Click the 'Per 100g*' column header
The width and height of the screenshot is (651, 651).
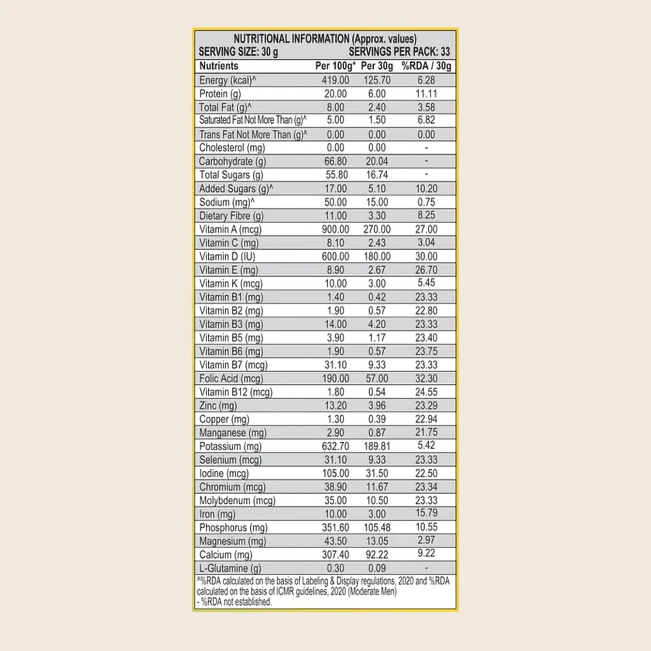point(335,66)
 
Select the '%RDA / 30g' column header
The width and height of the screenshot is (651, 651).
point(426,66)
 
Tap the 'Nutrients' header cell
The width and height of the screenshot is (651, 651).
point(219,66)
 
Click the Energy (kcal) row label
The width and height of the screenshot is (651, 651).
point(227,80)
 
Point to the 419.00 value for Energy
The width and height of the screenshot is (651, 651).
point(335,80)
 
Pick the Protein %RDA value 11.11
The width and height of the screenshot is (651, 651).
point(426,94)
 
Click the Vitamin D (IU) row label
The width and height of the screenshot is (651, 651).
point(227,257)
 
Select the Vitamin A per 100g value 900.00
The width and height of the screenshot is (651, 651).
point(335,229)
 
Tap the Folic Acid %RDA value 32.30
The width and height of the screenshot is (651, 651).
point(426,379)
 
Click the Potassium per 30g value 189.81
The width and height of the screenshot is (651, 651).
point(377,446)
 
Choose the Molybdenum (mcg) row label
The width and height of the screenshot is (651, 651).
point(237,501)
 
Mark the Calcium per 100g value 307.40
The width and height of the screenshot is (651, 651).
point(335,555)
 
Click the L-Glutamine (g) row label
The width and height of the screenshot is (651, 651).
point(230,569)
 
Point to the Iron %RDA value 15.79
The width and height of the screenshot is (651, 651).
point(426,513)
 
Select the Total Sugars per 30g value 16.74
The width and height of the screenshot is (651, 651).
point(377,175)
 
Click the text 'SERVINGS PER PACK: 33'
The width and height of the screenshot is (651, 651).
point(399,52)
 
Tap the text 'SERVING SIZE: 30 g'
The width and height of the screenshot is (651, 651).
point(238,52)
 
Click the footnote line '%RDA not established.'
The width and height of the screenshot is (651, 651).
point(236,602)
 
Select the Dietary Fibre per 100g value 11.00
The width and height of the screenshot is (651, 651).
point(335,216)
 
